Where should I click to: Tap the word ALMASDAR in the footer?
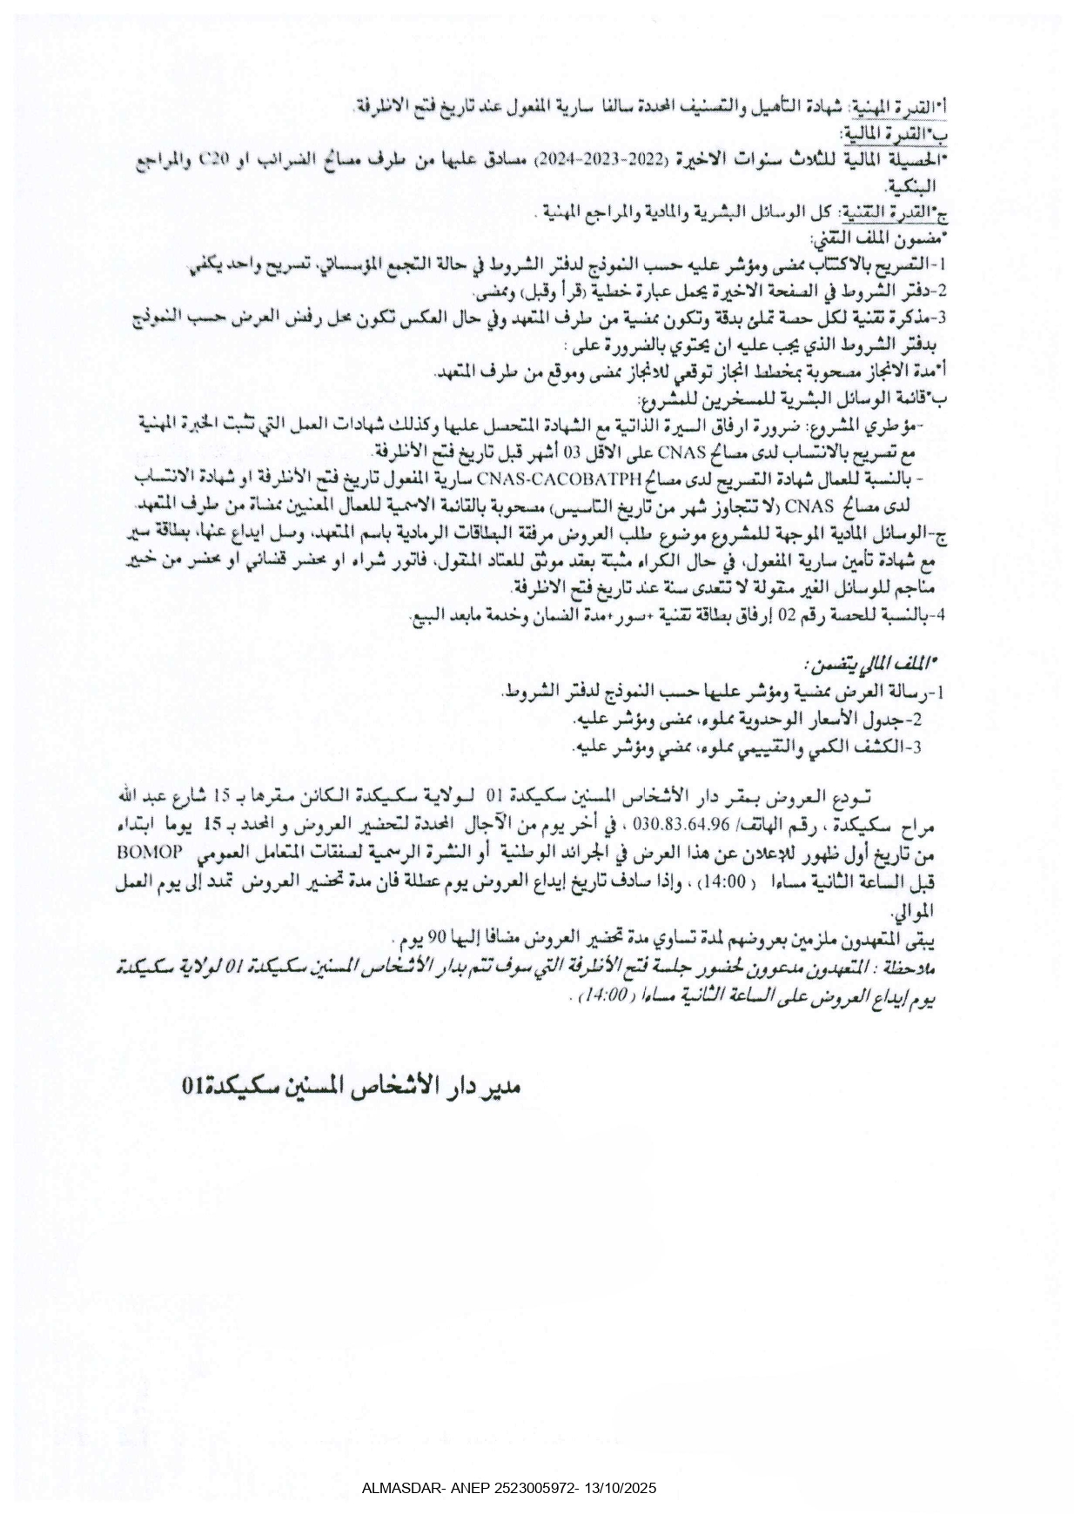pos(401,1489)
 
